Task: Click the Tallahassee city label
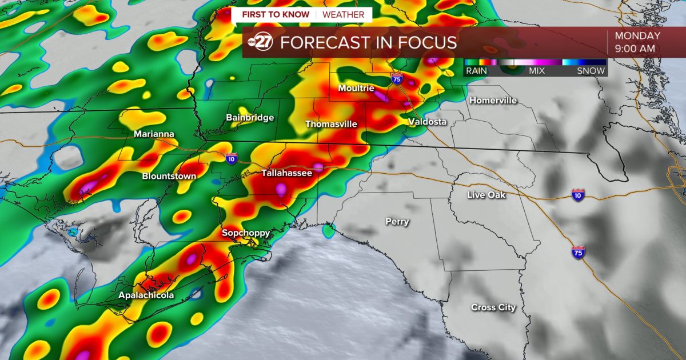click(287, 173)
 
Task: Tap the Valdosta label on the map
click(427, 122)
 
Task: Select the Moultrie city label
click(356, 88)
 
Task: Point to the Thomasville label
click(331, 124)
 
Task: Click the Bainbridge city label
click(250, 118)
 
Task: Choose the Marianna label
click(154, 134)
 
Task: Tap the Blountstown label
click(169, 176)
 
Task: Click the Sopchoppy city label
click(246, 233)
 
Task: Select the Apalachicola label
click(146, 295)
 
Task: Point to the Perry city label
click(397, 222)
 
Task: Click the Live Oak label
click(486, 195)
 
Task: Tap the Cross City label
click(493, 307)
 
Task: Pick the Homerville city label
click(493, 101)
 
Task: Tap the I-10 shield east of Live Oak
click(577, 195)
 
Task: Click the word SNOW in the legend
click(591, 71)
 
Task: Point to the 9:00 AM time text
click(635, 49)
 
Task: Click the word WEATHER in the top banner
click(344, 14)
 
